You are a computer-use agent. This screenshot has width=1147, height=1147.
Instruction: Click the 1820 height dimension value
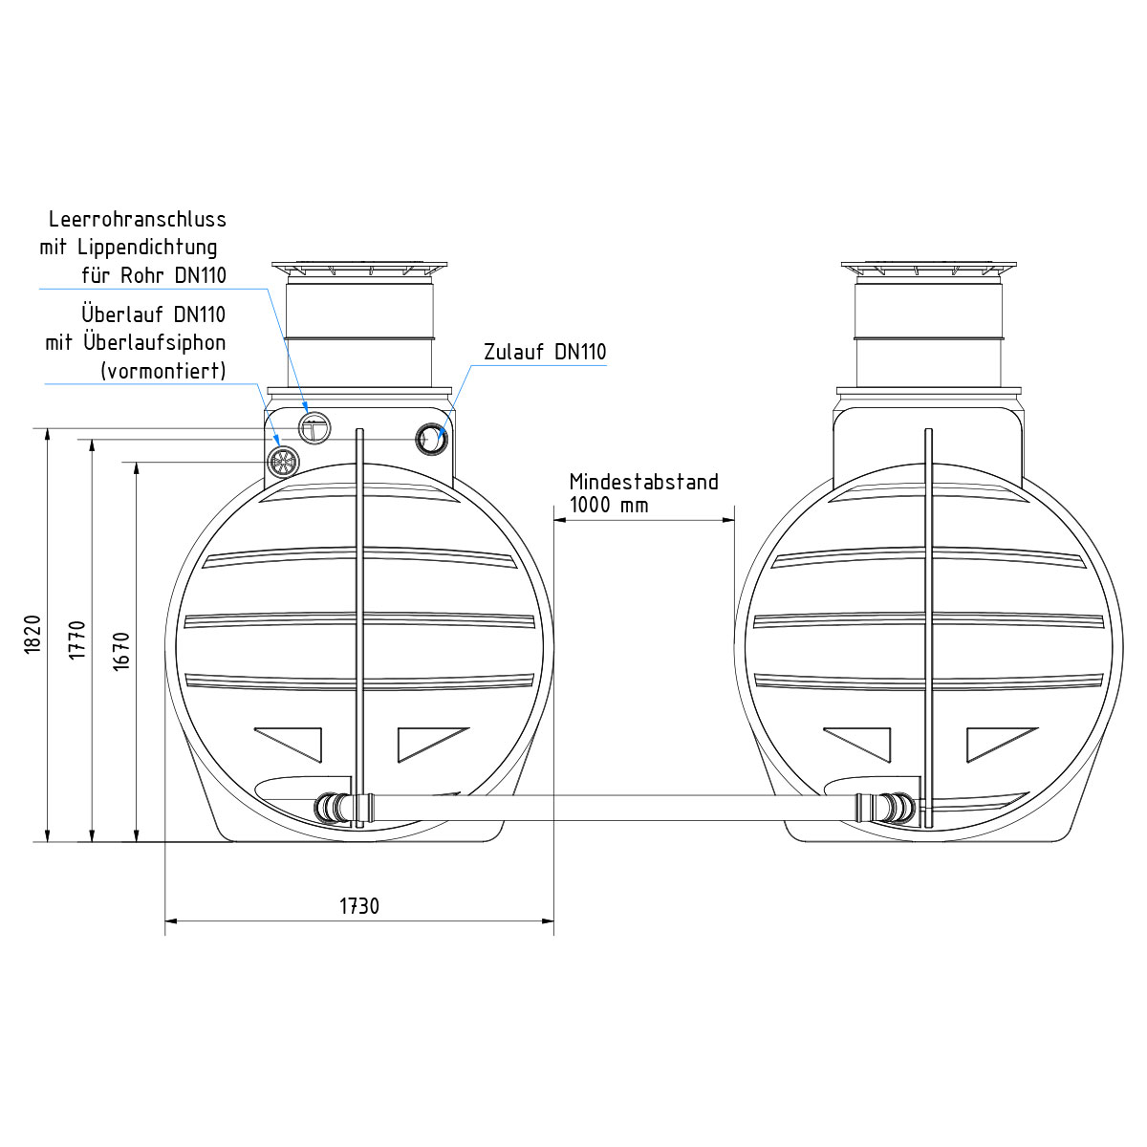pos(32,635)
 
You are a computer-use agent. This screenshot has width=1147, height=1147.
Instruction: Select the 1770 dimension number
pos(76,639)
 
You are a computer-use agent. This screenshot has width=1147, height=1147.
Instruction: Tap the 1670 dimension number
pos(121,652)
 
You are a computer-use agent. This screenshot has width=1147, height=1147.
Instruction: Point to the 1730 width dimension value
pos(359,906)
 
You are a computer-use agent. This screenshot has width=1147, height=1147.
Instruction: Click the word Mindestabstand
pos(643,482)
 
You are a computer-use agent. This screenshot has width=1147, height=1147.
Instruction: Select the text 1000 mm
pos(608,505)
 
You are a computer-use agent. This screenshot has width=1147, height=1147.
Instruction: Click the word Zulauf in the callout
pos(513,352)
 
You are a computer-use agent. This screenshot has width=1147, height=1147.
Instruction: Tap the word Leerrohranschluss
pos(138,219)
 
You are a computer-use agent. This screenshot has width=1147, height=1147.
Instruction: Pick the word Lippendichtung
pos(147,248)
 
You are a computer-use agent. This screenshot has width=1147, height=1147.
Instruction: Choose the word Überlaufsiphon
pos(155,343)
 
